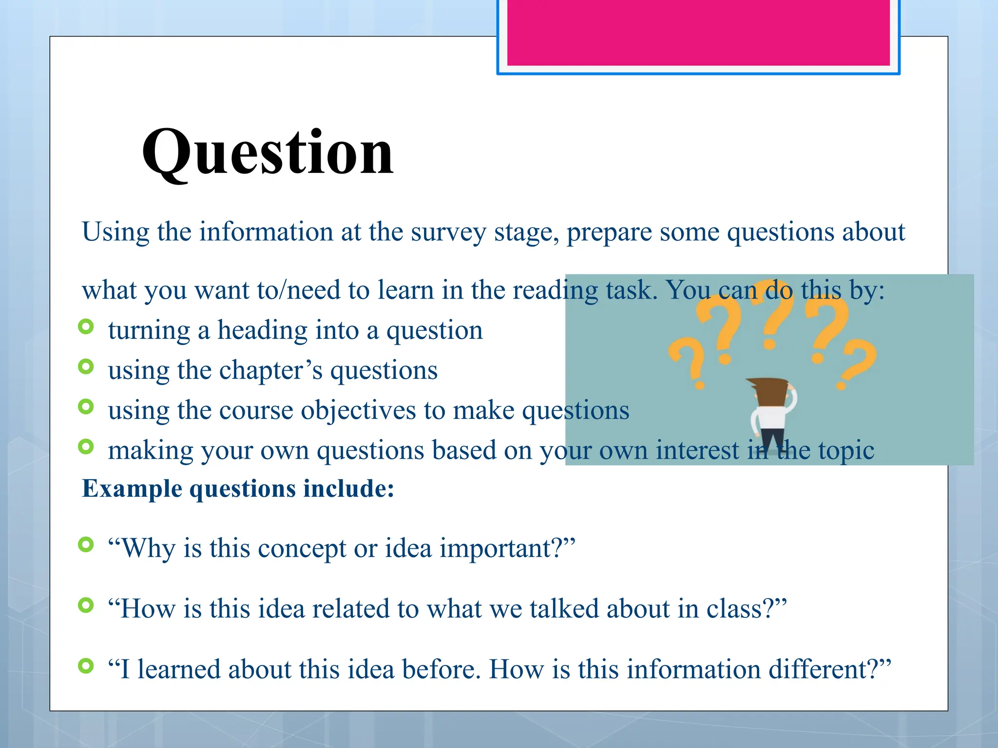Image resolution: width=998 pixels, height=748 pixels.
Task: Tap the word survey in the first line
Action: pyautogui.click(x=448, y=232)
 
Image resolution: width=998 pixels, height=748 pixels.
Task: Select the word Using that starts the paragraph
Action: pyautogui.click(x=115, y=232)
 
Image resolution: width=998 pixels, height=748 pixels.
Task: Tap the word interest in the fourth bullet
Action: pyautogui.click(x=697, y=450)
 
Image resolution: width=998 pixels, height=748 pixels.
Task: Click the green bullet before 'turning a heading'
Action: pyautogui.click(x=86, y=326)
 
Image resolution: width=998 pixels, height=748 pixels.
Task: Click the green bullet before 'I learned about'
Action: pyautogui.click(x=86, y=665)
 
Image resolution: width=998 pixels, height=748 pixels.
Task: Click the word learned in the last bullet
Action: pyautogui.click(x=178, y=669)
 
